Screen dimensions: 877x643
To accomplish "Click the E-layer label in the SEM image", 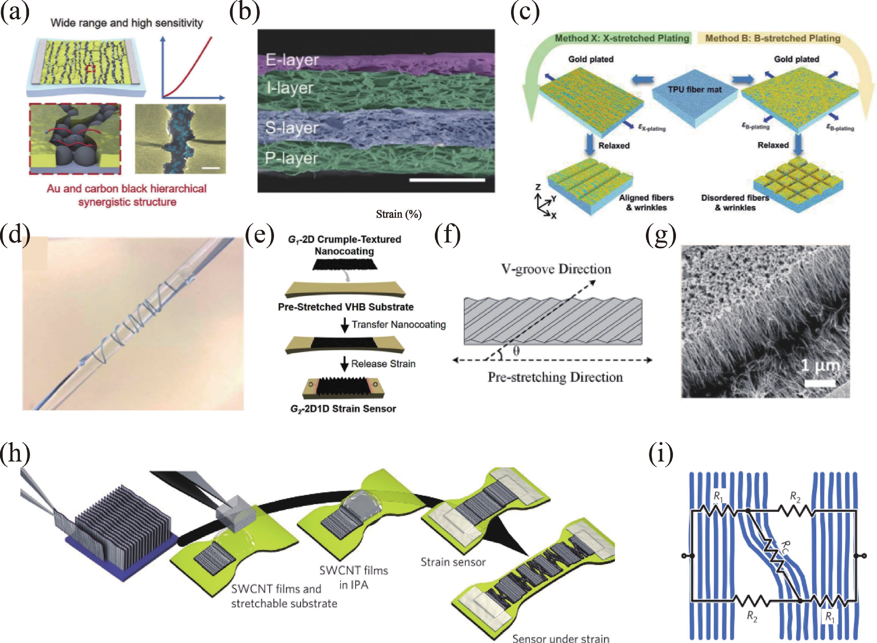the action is (292, 60).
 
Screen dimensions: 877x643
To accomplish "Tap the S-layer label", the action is (292, 128).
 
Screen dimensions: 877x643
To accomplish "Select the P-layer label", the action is (291, 158).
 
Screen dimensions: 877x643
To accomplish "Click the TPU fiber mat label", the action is (695, 90).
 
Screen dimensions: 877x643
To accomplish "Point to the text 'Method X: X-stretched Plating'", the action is (622, 38).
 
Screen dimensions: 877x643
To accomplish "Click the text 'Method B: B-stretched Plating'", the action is (773, 38).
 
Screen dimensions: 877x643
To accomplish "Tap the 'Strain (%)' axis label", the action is (399, 214).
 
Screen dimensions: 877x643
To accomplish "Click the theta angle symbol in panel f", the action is (516, 351).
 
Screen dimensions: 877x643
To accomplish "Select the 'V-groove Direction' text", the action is (556, 269).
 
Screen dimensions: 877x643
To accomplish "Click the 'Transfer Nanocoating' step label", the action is (399, 324).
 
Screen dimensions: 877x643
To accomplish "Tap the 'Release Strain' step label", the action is (383, 364).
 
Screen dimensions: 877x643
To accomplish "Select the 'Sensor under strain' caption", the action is (560, 637).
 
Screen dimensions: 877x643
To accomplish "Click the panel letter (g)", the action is (661, 235).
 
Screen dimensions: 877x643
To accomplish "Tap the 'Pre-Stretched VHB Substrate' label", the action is (346, 307).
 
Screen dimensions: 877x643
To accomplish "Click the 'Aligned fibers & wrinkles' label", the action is (646, 202).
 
